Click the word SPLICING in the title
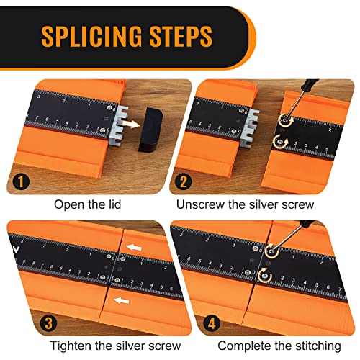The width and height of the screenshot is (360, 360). [x=91, y=36]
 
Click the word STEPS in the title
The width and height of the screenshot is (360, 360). [x=181, y=36]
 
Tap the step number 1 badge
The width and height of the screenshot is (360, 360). [x=21, y=181]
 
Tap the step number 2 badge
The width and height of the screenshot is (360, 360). [x=183, y=181]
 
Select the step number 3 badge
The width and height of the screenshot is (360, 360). [x=48, y=323]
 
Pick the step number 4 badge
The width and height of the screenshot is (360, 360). [x=212, y=323]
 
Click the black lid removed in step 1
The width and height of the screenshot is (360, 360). [x=150, y=130]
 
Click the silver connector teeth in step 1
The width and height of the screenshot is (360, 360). [x=118, y=126]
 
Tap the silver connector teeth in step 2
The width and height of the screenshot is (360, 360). [x=250, y=128]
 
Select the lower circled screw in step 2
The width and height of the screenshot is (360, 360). [x=280, y=141]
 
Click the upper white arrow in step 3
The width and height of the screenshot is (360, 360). [x=134, y=247]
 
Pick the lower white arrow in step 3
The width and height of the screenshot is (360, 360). [x=122, y=300]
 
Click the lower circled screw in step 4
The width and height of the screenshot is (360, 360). [x=265, y=275]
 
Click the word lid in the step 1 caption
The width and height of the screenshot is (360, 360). [x=114, y=204]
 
